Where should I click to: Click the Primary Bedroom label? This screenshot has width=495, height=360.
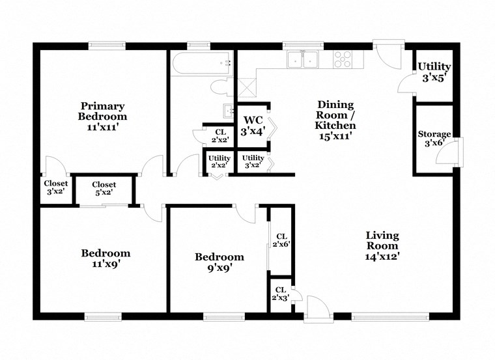point(103,117)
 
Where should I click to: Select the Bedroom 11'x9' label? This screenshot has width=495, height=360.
point(106,258)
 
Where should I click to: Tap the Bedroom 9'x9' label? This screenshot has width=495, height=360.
point(219,262)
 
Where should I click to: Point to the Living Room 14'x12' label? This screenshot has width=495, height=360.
point(382,245)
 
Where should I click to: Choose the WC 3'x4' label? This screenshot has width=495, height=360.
point(253,125)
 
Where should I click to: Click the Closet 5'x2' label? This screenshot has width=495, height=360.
point(104,189)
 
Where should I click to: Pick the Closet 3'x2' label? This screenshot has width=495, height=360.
point(56,187)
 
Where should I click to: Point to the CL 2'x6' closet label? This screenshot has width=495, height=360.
point(281,240)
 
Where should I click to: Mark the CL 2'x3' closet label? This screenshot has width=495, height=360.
point(280,294)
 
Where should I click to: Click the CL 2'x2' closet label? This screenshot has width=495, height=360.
point(220,135)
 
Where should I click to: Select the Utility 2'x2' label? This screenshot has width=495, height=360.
point(219,161)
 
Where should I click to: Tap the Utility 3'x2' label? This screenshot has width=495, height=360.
point(253,161)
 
